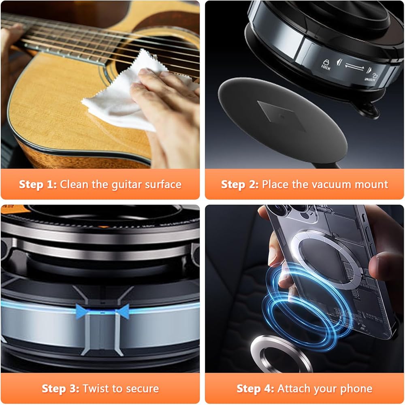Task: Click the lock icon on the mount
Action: click(326, 64)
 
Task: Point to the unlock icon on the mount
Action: click(371, 77)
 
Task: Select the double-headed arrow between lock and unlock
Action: click(354, 67)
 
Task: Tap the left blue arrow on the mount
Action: click(82, 311)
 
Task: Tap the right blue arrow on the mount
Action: click(122, 311)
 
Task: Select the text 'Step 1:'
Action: click(38, 184)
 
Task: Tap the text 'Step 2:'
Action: click(240, 184)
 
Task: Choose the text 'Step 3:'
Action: click(60, 388)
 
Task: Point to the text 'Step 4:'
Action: click(255, 388)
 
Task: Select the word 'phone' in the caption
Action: click(356, 389)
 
